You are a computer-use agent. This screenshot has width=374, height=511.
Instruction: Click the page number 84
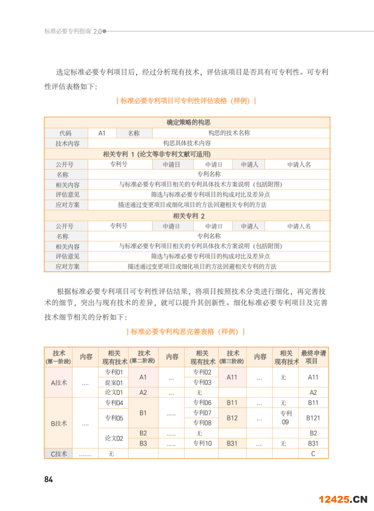pos(49,479)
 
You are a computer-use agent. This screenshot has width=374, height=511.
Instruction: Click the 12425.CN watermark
pos(343,499)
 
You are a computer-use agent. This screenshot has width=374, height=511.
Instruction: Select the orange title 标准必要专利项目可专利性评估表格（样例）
pos(186,101)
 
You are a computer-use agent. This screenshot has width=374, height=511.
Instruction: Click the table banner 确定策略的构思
pos(188,122)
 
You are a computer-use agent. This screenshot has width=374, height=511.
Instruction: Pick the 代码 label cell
pos(65,133)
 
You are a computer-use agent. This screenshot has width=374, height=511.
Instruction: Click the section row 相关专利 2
pos(188,215)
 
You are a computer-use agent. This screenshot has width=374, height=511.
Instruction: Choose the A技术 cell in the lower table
pos(59,382)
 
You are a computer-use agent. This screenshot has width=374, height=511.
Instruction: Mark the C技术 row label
pos(59,454)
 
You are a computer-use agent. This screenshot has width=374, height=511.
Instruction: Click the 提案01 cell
pos(114,382)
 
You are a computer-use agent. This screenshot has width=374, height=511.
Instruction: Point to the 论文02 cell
pos(114,438)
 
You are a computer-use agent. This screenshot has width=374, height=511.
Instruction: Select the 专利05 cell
pos(114,418)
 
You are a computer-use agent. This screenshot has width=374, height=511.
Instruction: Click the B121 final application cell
pos(313,418)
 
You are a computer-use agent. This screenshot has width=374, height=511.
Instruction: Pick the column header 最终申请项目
pos(313,357)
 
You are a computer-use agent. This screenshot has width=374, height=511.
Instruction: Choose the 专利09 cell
pos(285,418)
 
